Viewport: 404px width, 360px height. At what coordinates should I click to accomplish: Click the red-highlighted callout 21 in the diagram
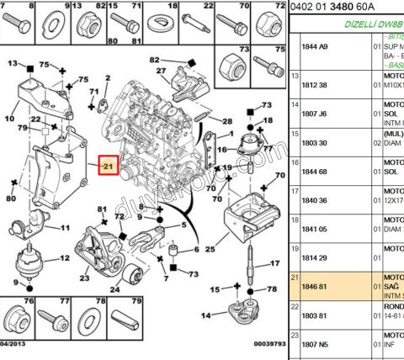click(110, 167)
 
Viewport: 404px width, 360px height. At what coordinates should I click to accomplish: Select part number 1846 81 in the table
click(313, 286)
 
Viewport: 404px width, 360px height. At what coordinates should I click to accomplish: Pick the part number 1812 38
click(313, 85)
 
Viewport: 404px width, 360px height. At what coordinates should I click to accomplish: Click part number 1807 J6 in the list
click(313, 114)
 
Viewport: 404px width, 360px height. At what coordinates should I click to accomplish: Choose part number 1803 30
click(313, 144)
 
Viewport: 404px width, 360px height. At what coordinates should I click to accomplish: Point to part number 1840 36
click(313, 200)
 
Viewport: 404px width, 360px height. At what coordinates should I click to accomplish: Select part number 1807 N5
click(313, 344)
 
